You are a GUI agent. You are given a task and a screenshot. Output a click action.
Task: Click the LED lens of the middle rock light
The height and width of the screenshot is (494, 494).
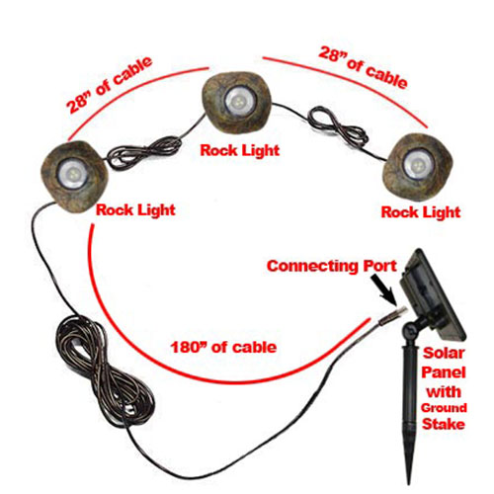click(237, 99)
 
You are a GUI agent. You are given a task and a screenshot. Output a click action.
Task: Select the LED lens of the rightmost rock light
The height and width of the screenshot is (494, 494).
click(416, 165)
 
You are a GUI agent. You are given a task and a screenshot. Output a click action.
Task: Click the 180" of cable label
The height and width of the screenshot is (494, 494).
click(223, 347)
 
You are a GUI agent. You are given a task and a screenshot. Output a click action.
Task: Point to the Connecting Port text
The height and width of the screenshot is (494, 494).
click(332, 266)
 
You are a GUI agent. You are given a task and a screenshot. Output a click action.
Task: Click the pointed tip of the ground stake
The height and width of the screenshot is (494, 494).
click(409, 482)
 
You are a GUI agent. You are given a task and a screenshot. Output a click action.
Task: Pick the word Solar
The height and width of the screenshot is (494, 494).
click(444, 353)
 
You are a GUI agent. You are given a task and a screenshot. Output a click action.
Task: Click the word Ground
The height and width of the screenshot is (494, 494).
click(444, 408)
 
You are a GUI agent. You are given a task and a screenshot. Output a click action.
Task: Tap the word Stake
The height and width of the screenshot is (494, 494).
click(444, 424)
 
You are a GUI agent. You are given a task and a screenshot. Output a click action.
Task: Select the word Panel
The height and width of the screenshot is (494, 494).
click(444, 372)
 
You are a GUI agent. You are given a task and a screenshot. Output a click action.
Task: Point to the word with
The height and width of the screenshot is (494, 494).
click(444, 392)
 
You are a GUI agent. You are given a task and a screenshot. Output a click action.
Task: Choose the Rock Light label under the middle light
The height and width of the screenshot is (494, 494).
click(240, 150)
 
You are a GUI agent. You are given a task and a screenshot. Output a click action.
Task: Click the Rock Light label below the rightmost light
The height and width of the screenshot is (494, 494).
click(421, 212)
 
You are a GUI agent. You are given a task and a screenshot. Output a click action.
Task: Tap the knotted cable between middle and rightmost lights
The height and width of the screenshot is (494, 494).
click(337, 126)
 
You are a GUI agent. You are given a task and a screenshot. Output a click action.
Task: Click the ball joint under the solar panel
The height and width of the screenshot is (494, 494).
click(413, 329)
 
